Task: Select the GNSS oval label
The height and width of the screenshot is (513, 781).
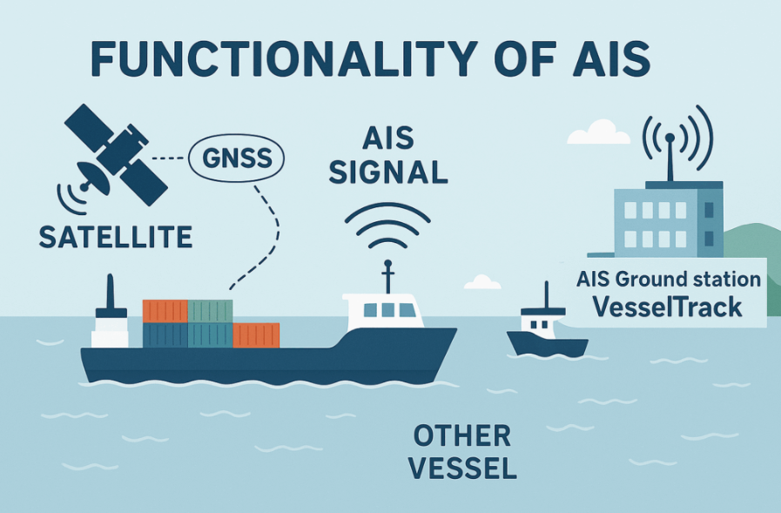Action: coord(237,159)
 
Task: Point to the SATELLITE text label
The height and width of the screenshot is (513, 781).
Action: coord(116,237)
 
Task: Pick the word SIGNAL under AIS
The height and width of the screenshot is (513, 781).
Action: coord(388,172)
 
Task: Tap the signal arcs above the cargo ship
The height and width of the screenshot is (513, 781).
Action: coord(387,225)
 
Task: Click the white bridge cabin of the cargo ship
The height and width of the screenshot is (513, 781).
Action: coord(382,310)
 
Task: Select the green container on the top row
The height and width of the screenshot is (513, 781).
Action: coord(210,311)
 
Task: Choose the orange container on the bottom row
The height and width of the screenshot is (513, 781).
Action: coord(256,335)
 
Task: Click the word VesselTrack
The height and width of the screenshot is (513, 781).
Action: coord(668,307)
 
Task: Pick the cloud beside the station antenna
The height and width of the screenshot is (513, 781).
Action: coord(599,132)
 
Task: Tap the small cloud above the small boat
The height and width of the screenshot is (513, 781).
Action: coord(482,282)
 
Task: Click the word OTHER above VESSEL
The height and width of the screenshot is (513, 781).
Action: coord(462,435)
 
